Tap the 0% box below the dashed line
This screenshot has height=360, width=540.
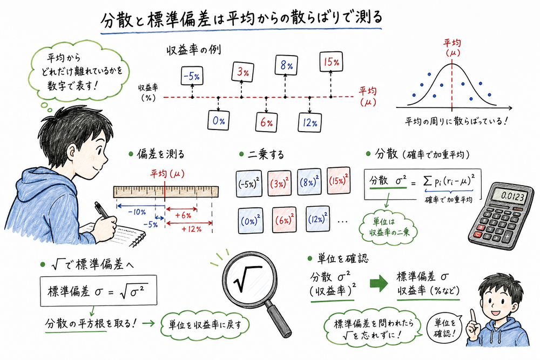pyautogui.click(x=218, y=121)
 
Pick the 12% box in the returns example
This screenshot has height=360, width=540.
pyautogui.click(x=308, y=122)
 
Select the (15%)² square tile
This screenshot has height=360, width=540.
pyautogui.click(x=338, y=179)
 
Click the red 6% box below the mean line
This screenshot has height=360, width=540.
pyautogui.click(x=266, y=123)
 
